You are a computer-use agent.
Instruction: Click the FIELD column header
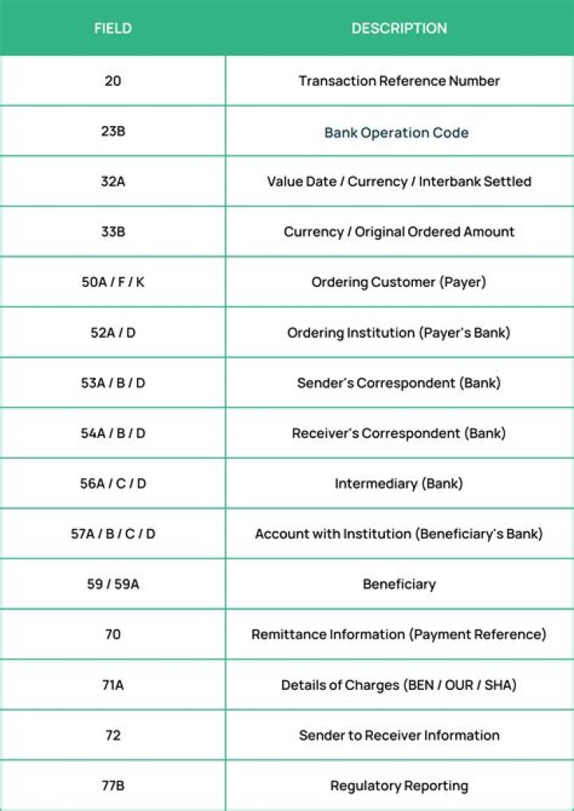(112, 29)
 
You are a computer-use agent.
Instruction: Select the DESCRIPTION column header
(399, 29)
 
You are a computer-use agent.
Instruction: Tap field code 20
(112, 80)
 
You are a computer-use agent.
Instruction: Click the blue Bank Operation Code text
(396, 132)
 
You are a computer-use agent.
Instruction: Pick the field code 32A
(112, 182)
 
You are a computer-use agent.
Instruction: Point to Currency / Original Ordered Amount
(399, 232)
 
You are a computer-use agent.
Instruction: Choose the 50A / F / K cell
(112, 282)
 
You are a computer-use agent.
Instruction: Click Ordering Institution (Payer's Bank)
(399, 332)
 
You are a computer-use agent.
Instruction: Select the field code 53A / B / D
(112, 383)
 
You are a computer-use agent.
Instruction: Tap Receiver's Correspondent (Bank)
(399, 433)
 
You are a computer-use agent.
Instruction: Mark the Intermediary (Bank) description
(399, 484)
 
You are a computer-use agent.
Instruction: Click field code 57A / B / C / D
(112, 534)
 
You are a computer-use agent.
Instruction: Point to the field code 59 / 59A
(112, 584)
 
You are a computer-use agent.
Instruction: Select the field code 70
(112, 634)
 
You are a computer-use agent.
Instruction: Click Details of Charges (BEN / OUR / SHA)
(399, 684)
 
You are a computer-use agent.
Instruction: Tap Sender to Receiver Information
(399, 735)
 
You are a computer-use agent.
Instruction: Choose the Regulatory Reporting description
(399, 786)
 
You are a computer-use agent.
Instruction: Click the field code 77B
(112, 786)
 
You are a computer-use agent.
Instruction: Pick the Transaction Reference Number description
(399, 80)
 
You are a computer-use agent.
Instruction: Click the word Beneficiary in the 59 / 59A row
(399, 584)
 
